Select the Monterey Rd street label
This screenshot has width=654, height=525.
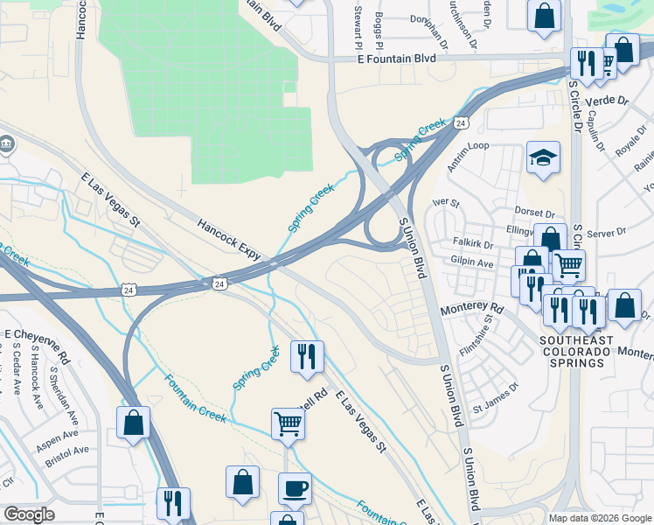click(x=472, y=309)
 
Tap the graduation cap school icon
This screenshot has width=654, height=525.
click(x=543, y=158)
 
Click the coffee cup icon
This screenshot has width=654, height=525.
click(x=295, y=487)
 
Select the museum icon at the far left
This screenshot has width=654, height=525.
click(x=5, y=142)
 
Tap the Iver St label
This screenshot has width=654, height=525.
click(x=446, y=203)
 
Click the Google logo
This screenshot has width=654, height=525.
click(x=29, y=514)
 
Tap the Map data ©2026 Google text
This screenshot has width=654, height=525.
click(x=599, y=518)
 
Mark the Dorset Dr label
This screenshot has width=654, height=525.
click(x=536, y=213)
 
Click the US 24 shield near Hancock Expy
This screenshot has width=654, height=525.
click(x=219, y=283)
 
